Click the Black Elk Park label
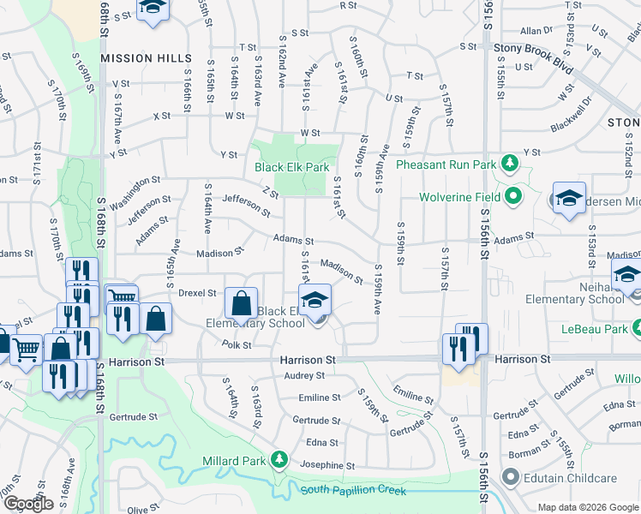click(x=291, y=168)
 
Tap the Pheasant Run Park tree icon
click(x=510, y=163)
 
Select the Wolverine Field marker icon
click(x=513, y=197)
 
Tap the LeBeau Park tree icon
click(x=637, y=328)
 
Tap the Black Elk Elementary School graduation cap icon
click(x=315, y=302)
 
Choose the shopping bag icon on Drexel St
click(x=241, y=303)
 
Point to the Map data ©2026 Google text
click(x=588, y=507)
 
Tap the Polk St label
click(x=236, y=345)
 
